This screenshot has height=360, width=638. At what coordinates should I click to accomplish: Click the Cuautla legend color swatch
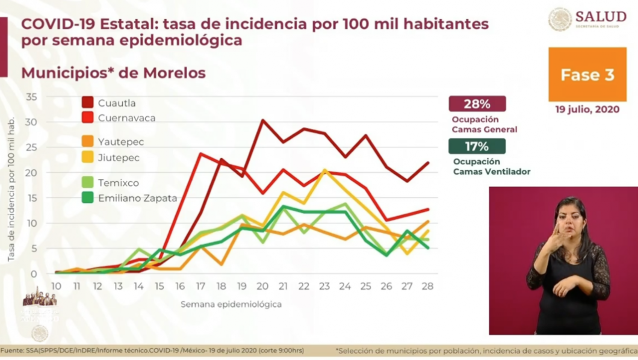click(88, 103)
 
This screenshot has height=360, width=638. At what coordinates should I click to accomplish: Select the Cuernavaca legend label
click(126, 118)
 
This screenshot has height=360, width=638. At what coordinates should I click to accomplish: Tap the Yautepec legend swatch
click(88, 142)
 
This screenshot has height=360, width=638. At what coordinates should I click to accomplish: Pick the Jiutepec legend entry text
click(119, 158)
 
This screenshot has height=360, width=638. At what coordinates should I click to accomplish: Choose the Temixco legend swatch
click(88, 182)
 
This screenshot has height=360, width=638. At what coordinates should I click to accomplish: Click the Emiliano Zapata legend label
click(138, 197)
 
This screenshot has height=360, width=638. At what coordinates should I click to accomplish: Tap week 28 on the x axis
click(427, 286)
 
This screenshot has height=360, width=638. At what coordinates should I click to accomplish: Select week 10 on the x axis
click(56, 286)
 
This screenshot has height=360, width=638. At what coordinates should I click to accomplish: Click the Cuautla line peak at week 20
click(262, 120)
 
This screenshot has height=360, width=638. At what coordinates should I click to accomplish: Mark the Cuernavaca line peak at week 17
click(200, 154)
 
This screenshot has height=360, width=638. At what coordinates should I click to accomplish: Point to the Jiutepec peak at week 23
click(325, 170)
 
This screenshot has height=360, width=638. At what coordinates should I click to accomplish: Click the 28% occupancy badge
click(477, 104)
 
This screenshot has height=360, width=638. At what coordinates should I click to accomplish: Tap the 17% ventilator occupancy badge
click(477, 146)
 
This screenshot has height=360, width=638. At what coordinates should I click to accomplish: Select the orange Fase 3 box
click(587, 75)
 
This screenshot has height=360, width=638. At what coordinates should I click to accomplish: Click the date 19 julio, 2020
click(587, 110)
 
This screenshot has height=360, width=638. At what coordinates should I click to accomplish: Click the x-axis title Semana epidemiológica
click(231, 305)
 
